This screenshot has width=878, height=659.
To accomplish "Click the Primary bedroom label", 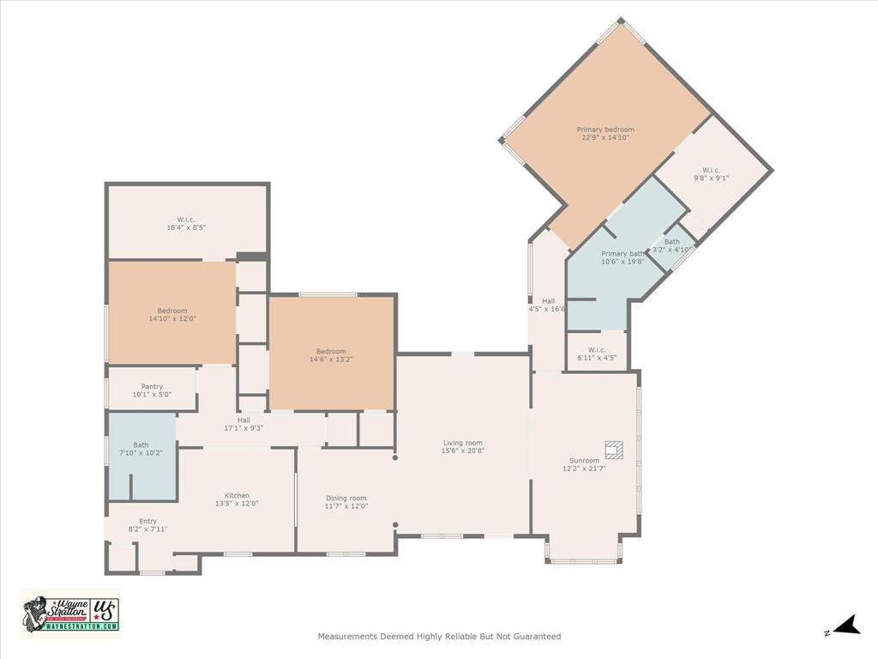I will tap(605, 130).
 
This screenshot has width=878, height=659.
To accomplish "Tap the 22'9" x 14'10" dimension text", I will tap(605, 137).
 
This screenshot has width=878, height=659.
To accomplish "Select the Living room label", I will tap(463, 443).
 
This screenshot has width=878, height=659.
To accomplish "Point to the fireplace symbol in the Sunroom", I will tap(614, 450).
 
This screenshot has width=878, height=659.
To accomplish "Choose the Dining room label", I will tap(346, 498).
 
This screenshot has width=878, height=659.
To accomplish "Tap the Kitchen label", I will tap(237, 495).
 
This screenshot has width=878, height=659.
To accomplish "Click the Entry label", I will tap(147, 521).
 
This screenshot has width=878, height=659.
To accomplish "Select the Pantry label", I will tap(152, 387).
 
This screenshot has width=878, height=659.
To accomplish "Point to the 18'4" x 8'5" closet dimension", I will tap(186, 227).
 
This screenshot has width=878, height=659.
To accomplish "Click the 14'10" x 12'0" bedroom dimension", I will tap(171, 318).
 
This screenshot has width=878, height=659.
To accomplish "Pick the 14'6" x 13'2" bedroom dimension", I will tap(331, 359).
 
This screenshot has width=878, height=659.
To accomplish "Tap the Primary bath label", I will tap(622, 253).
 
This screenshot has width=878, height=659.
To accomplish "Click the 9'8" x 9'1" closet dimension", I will tap(712, 178).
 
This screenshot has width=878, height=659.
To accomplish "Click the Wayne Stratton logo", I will tap(70, 614).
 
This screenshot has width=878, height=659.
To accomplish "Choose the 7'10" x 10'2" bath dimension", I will tap(141, 452).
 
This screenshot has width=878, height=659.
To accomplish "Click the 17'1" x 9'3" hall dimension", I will tap(244, 427).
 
